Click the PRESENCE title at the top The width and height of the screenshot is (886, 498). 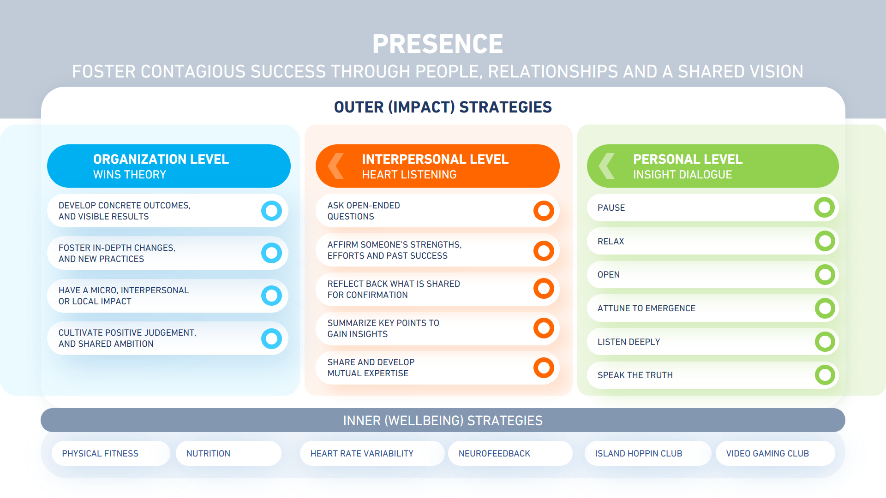point(437,44)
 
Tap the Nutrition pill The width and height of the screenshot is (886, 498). point(228,453)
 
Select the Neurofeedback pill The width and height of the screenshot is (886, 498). point(510,453)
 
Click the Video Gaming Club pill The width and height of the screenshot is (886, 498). point(775,453)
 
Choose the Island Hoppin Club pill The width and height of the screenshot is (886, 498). point(648,453)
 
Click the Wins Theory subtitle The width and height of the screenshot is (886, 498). point(130,175)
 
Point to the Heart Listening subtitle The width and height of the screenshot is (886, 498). point(409,175)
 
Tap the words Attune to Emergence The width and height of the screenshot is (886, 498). point(647,308)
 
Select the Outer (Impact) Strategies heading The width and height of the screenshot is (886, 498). point(443,107)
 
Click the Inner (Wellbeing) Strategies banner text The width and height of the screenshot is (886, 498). point(443,421)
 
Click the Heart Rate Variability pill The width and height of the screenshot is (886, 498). point(372,453)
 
